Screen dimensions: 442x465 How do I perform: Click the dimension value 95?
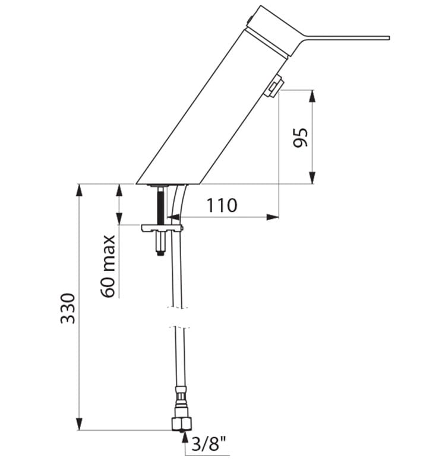301,138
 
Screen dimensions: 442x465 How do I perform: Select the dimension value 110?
222,205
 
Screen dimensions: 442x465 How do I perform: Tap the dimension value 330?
68,308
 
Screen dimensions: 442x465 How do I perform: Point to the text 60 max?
108,266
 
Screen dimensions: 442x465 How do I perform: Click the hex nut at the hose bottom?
182,423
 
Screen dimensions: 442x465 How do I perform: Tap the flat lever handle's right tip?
389,38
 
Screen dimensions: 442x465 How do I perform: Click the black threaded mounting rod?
160,205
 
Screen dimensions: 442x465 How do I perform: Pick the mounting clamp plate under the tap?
162,228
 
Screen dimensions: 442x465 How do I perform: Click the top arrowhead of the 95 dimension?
312,96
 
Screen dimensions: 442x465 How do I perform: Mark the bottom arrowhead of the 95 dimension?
312,177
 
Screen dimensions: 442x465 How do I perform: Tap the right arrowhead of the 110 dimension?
272,217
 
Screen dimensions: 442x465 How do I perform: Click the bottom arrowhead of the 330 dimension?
79,423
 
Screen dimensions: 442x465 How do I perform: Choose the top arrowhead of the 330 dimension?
79,190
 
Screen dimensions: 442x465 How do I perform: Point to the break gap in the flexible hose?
178,317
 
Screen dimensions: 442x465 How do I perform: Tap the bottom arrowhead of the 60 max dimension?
119,218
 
